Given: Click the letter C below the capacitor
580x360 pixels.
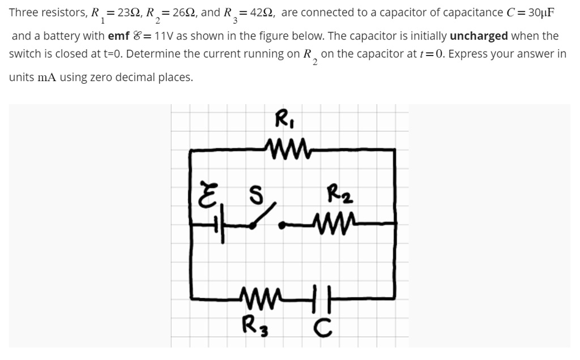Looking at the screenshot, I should [x=322, y=327].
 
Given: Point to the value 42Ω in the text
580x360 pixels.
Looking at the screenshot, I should [x=258, y=12].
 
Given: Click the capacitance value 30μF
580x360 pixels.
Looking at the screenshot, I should [x=533, y=12].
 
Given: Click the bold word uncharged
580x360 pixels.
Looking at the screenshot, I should [x=479, y=36].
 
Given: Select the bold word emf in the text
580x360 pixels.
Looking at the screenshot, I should [x=119, y=36].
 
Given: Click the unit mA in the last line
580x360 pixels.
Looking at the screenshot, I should [x=48, y=77].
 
